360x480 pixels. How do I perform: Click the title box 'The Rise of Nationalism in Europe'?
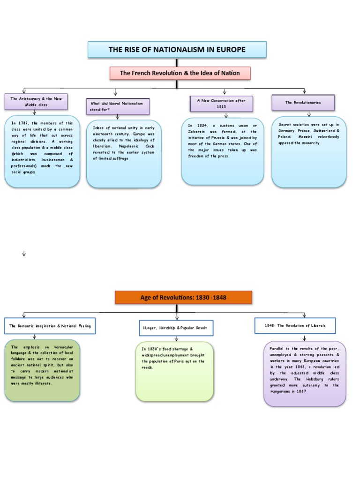coord(177,49)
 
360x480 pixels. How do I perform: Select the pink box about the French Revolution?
coord(180,73)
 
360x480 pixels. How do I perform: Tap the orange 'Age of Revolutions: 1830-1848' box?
coord(183,297)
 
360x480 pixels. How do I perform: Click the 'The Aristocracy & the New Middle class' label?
coord(36,102)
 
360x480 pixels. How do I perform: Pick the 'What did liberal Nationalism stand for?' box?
coord(118,106)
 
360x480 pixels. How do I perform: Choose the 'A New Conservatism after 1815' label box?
coord(221,103)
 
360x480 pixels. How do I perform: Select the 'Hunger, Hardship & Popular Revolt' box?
coord(176,328)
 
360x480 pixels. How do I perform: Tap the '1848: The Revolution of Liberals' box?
coord(295,325)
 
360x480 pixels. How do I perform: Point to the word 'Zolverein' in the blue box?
coord(197,132)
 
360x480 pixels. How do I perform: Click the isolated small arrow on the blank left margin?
coord(23,254)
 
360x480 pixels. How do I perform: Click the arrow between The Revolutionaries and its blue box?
coord(308,113)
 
